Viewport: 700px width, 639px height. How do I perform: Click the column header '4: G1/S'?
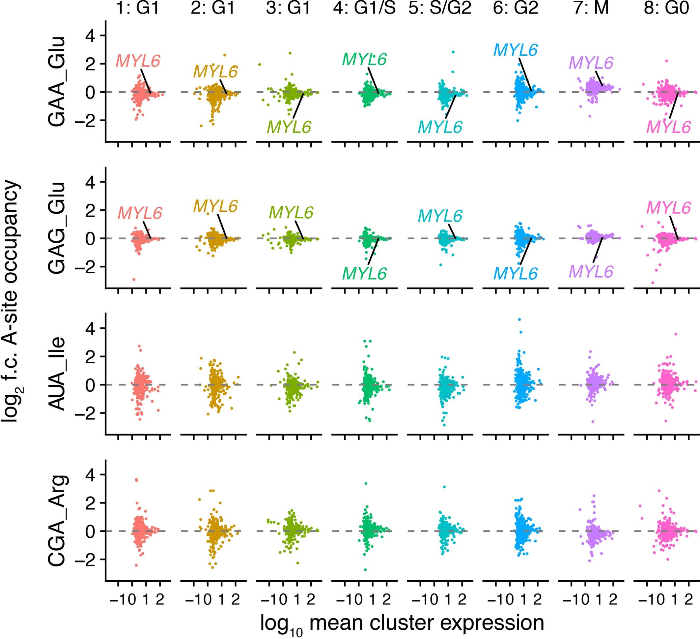364,8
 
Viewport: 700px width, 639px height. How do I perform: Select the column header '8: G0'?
666,8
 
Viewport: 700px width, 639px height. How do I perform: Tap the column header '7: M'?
591,8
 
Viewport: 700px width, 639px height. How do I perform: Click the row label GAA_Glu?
57,81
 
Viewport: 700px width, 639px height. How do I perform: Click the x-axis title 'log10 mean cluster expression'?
402,624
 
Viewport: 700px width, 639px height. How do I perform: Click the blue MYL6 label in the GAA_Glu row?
516,50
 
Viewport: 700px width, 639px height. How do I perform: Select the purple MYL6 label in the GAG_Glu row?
591,271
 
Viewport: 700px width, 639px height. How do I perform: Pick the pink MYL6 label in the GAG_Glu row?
668,208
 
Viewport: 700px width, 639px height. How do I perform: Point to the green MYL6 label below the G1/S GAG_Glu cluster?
364,274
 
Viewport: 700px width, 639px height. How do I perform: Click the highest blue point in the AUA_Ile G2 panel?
519,319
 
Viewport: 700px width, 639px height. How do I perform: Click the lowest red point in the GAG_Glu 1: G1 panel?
134,279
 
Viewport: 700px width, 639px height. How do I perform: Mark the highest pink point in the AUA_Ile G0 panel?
676,334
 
